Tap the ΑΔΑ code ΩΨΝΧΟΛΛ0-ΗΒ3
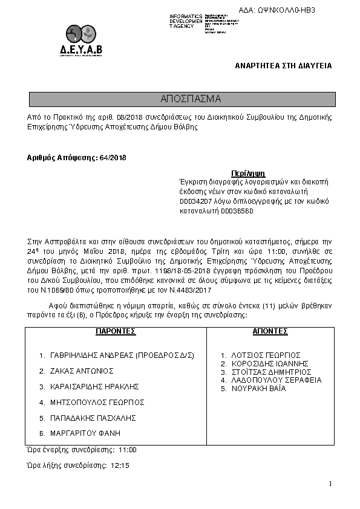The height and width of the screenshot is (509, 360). pyautogui.click(x=286, y=11)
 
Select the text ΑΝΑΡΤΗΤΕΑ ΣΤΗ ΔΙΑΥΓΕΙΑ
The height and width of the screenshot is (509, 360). pyautogui.click(x=283, y=65)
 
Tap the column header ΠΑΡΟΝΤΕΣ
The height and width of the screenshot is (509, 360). pyautogui.click(x=116, y=332)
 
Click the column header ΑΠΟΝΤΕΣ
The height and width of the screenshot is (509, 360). pyautogui.click(x=270, y=332)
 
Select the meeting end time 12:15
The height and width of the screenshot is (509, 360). pyautogui.click(x=120, y=466)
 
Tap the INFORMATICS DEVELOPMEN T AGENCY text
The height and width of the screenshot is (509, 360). pyautogui.click(x=186, y=21)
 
